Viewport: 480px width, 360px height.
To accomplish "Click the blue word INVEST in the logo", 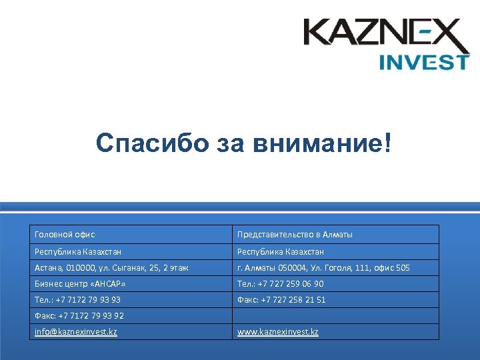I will click(424, 62).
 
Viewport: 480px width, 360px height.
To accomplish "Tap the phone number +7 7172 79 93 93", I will click(88, 300).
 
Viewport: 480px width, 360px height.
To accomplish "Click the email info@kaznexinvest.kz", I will click(76, 332).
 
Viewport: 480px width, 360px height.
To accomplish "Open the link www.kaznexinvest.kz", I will click(278, 332).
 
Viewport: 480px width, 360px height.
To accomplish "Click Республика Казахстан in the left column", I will click(78, 252).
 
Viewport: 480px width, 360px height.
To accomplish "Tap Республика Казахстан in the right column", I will click(281, 252).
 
